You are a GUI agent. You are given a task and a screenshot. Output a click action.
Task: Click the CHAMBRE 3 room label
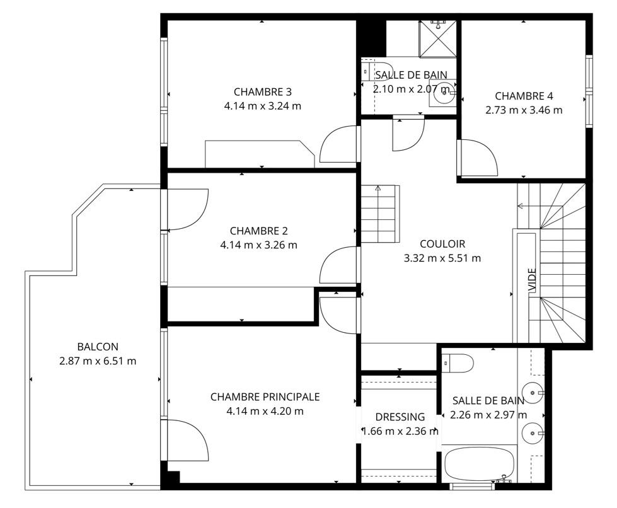[262, 92]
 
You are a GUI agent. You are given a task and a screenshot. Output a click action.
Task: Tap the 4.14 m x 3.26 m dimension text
[258, 245]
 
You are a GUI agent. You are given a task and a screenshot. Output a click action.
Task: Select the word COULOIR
[442, 244]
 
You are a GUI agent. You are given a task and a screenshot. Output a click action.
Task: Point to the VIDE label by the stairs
[532, 280]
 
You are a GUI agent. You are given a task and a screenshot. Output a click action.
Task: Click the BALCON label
[98, 347]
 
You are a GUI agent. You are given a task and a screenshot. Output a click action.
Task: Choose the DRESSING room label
[400, 417]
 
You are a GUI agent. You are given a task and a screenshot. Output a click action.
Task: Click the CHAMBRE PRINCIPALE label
[265, 397]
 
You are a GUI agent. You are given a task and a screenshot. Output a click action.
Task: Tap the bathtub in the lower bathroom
[479, 464]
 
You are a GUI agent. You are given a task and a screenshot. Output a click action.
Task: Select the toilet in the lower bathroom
[458, 363]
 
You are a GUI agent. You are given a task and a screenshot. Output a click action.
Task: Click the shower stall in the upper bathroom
[437, 38]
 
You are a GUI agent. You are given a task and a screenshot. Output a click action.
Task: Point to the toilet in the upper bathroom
[377, 71]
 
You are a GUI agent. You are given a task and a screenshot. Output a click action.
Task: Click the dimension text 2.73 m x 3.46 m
[524, 110]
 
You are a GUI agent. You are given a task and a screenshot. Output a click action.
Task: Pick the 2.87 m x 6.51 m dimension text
[98, 361]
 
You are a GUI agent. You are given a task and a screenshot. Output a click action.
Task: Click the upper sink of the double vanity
[533, 393]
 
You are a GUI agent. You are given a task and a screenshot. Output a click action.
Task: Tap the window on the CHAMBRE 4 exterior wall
[589, 91]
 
